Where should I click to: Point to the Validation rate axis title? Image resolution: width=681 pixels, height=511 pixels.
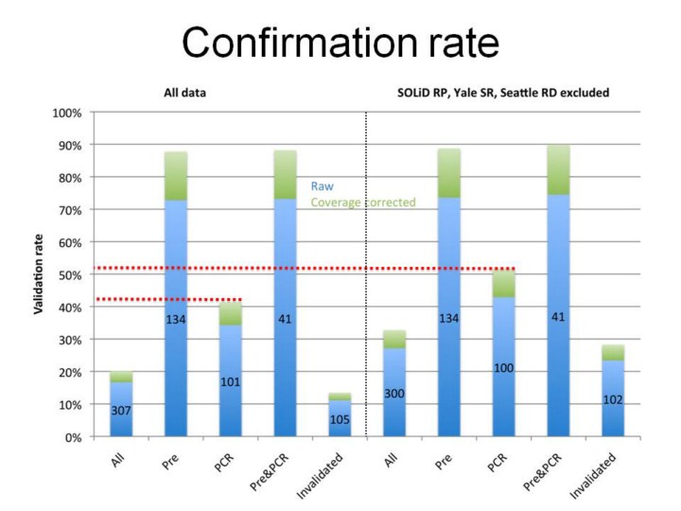44,275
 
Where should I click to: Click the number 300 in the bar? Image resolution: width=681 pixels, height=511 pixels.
394,393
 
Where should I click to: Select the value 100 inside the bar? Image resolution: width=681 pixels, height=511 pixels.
504,366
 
